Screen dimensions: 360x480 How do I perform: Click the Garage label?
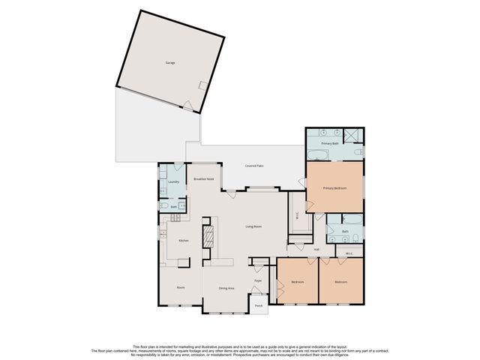pyautogui.click(x=171, y=63)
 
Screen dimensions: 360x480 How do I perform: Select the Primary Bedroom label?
pyautogui.click(x=334, y=187)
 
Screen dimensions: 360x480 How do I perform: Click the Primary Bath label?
pyautogui.click(x=331, y=142)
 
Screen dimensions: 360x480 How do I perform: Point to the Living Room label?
pyautogui.click(x=254, y=226)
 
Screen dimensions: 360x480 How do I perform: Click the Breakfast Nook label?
pyautogui.click(x=204, y=179)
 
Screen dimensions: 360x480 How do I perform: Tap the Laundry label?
pyautogui.click(x=172, y=181)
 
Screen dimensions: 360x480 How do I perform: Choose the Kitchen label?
pyautogui.click(x=181, y=241)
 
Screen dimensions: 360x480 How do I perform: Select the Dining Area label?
pyautogui.click(x=226, y=288)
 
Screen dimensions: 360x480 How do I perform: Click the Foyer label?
pyautogui.click(x=257, y=280)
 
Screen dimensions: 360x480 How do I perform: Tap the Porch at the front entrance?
pyautogui.click(x=258, y=305)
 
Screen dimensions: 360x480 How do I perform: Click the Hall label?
pyautogui.click(x=316, y=249)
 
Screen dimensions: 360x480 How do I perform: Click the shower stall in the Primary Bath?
pyautogui.click(x=355, y=136)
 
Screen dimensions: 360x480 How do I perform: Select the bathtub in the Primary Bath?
pyautogui.click(x=317, y=155)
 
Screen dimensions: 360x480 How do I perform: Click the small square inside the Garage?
pyautogui.click(x=201, y=86)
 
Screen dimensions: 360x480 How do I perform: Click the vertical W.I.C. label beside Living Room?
pyautogui.click(x=297, y=214)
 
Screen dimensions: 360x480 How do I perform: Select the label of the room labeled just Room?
pyautogui.click(x=181, y=287)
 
